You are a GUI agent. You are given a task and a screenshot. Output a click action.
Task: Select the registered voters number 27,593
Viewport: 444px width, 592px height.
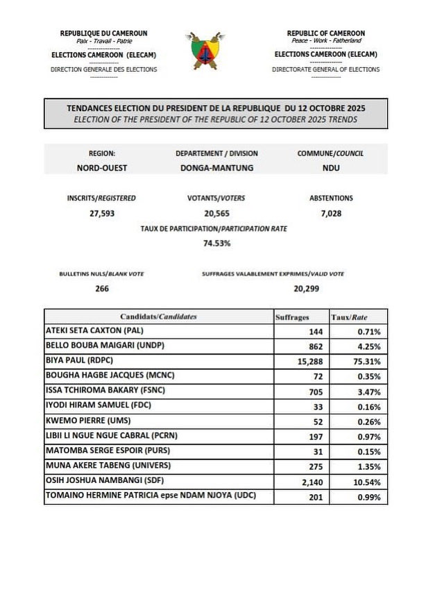[102, 214]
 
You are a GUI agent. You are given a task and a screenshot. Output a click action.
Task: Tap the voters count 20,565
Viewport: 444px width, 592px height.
[216, 214]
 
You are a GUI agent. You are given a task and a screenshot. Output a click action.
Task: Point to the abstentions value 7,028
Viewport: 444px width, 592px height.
[330, 214]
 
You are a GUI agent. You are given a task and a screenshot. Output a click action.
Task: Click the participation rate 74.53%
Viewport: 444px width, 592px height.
[216, 244]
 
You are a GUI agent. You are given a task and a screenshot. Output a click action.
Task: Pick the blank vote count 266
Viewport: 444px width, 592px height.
[102, 288]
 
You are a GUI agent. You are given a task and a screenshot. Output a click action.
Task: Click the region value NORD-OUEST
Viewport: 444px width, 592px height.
[102, 169]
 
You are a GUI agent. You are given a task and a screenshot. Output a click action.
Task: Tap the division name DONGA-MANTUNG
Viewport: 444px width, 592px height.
[216, 169]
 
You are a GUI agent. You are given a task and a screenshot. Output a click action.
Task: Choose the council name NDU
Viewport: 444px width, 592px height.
[330, 169]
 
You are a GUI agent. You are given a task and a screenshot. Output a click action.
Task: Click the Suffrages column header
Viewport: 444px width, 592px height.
[292, 316]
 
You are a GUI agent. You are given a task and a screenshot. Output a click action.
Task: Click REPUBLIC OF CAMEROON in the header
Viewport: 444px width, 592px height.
[325, 33]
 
